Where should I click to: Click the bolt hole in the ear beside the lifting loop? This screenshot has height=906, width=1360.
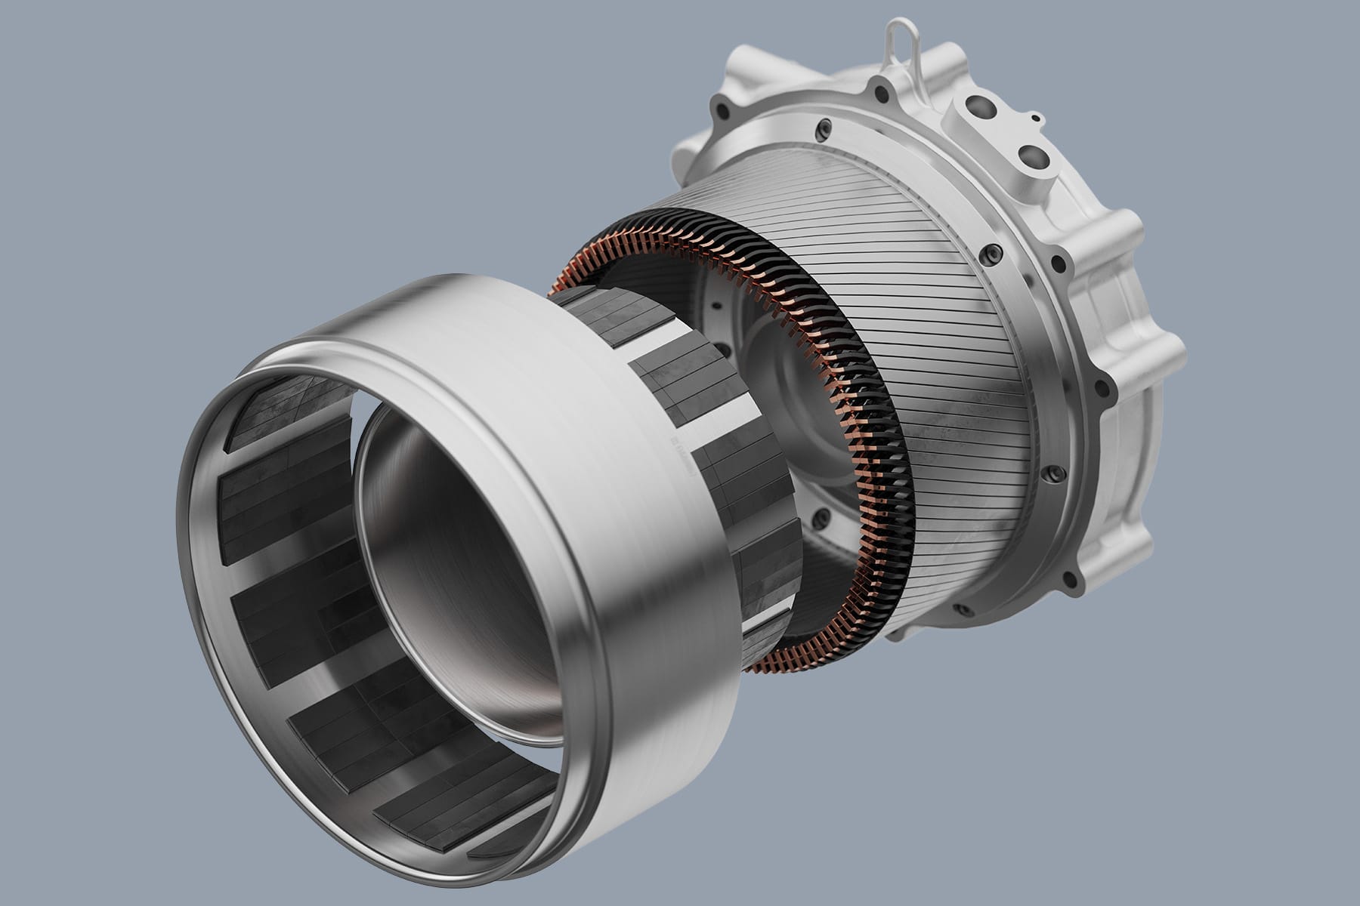[882, 94]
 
